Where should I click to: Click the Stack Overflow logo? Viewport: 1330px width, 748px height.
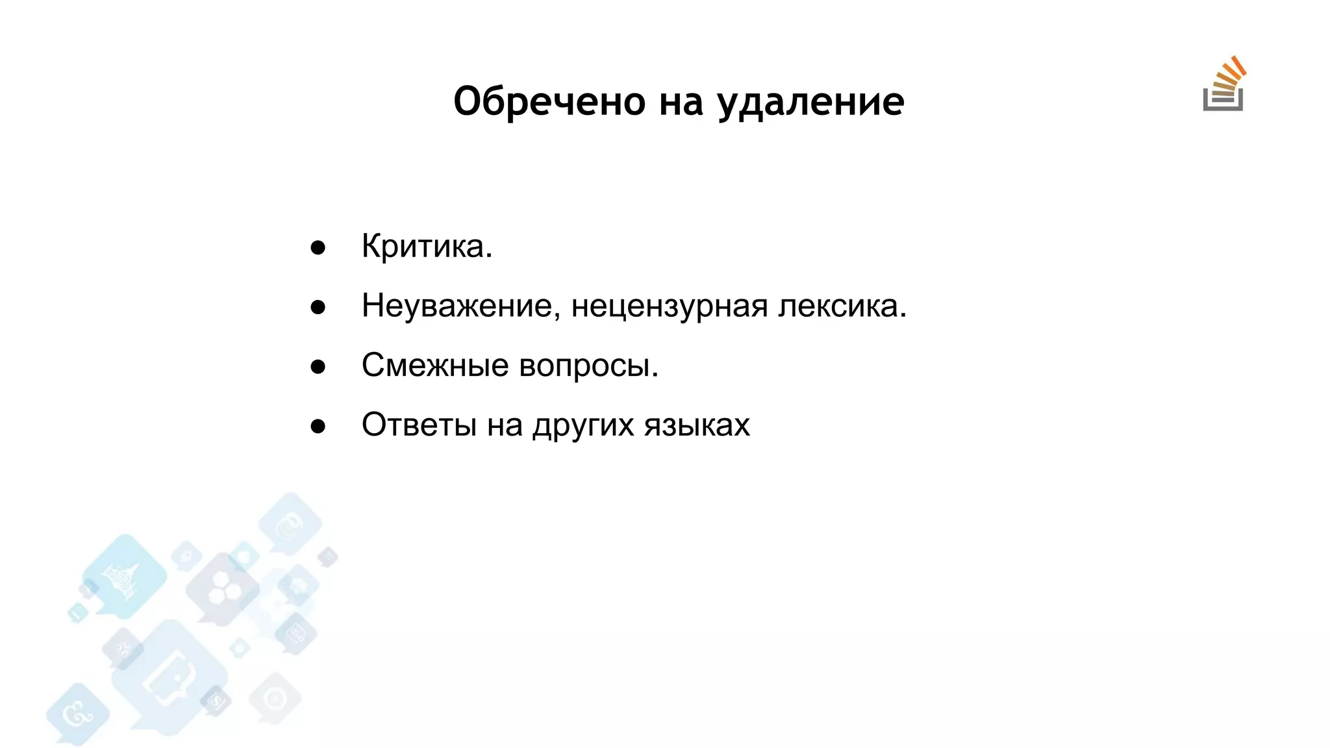[1224, 85]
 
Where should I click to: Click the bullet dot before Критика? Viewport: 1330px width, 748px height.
[318, 247]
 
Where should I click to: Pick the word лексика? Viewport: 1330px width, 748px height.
[842, 306]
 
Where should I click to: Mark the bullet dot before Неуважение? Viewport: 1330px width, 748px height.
[318, 307]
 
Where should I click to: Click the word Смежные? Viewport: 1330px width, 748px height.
[435, 365]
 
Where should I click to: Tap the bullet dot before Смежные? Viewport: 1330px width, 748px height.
[318, 367]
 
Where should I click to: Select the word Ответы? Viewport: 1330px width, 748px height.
[420, 425]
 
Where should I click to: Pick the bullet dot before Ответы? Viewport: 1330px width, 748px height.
[318, 427]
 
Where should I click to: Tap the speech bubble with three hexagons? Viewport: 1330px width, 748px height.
[223, 588]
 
